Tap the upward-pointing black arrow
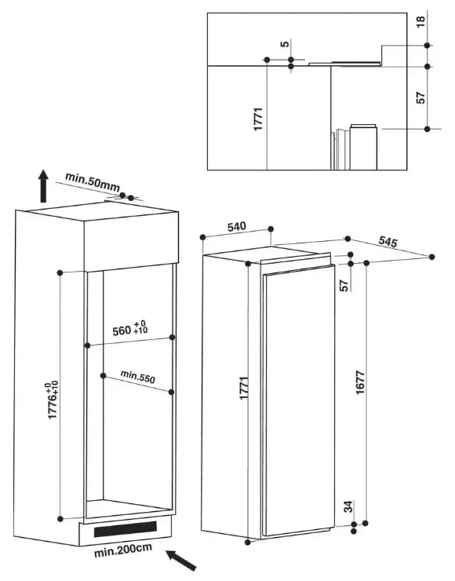[44, 186]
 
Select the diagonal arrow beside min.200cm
[180, 561]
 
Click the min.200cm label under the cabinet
[123, 550]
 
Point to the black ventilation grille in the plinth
[126, 528]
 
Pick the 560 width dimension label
[130, 329]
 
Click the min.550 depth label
[138, 376]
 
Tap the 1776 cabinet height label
[53, 400]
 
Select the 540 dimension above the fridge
[236, 227]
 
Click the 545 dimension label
[388, 242]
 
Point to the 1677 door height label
[360, 382]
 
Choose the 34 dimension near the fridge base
[348, 506]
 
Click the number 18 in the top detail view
[421, 22]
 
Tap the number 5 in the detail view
[284, 44]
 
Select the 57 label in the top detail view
[421, 97]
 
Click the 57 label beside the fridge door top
[344, 285]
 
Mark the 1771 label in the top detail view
[258, 119]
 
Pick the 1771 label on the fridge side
[244, 388]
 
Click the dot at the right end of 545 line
[431, 257]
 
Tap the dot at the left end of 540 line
[202, 237]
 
